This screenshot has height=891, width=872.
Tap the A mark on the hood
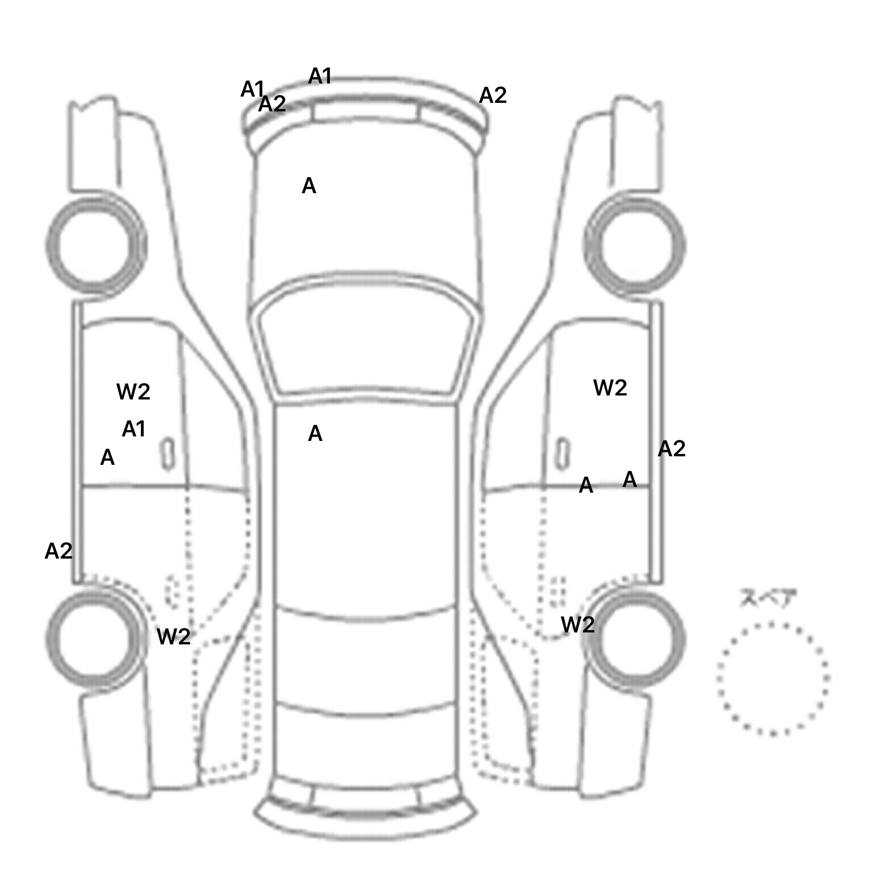[309, 186]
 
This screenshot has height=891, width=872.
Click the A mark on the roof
[315, 434]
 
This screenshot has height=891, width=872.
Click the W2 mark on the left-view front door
[133, 392]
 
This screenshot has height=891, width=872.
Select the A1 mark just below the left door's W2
[134, 429]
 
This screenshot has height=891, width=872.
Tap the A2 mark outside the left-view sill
[58, 551]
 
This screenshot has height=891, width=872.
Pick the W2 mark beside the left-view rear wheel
[174, 636]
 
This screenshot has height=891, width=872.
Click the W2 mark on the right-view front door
[610, 388]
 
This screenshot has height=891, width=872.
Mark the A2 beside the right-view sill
[672, 449]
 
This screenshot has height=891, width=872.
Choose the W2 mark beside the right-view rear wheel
[578, 625]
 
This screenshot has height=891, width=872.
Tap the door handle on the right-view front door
[562, 453]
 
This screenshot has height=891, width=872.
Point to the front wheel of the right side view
[635, 246]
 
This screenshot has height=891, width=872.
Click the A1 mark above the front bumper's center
[320, 76]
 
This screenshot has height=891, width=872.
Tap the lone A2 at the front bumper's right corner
[493, 95]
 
